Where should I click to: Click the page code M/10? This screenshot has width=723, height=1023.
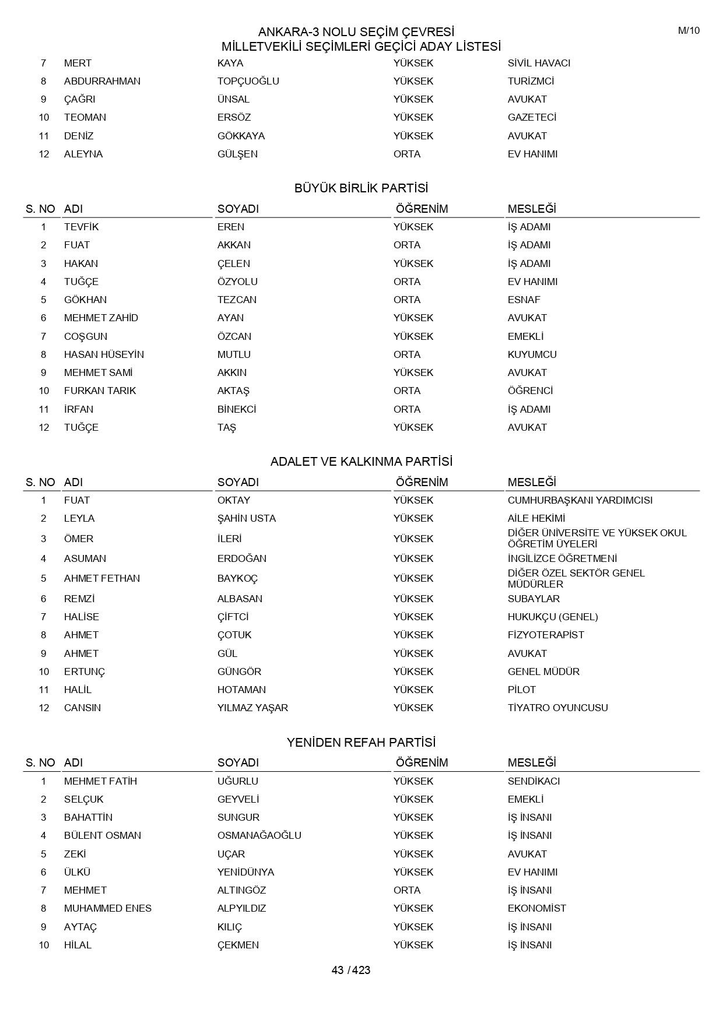coord(689,31)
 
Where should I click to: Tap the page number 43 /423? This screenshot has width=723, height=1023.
coord(351,970)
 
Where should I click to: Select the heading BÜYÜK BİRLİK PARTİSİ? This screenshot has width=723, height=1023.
coord(361,188)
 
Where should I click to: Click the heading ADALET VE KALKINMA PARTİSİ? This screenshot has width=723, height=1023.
coord(361,462)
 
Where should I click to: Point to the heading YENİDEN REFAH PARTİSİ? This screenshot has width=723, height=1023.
coord(361,743)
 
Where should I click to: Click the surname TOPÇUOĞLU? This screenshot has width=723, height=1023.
coord(248,81)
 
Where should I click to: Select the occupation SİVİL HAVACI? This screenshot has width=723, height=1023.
coord(539,63)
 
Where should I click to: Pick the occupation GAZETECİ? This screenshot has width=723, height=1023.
coord(532,117)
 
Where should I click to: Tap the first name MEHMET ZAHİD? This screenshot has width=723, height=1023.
coord(101,318)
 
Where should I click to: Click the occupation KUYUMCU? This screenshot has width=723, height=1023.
coord(532,354)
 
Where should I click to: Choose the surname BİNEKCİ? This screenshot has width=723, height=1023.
coord(237,409)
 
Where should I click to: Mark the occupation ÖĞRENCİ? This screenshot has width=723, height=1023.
coord(530,391)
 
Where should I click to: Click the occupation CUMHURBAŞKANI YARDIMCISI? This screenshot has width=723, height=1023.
coord(580,500)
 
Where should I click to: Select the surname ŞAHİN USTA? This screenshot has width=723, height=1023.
coord(246,518)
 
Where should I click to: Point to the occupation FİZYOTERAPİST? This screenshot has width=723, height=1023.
coord(545,635)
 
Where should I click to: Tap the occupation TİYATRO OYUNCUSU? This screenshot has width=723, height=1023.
coord(557,708)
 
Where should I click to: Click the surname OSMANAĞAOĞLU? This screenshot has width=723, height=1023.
coord(259,835)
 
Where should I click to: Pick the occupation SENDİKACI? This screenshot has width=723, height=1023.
coord(534,781)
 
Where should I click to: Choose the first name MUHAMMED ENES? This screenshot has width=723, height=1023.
coord(107,908)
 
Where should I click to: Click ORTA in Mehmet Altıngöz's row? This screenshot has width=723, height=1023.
coord(406,890)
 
